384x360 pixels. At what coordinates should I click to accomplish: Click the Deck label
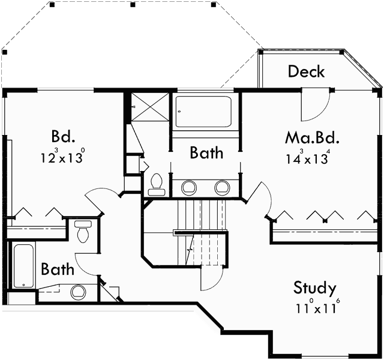pyautogui.click(x=306, y=71)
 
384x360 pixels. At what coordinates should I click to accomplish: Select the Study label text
pyautogui.click(x=314, y=288)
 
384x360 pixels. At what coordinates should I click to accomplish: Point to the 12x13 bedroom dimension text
pyautogui.click(x=62, y=158)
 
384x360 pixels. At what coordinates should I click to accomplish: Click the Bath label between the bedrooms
pyautogui.click(x=206, y=153)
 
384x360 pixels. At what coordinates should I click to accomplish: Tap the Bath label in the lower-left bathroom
pyautogui.click(x=58, y=269)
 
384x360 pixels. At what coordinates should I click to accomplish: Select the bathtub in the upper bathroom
pyautogui.click(x=203, y=112)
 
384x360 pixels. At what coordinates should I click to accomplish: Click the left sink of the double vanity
pyautogui.click(x=189, y=187)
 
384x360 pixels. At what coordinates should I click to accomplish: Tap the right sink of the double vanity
pyautogui.click(x=222, y=187)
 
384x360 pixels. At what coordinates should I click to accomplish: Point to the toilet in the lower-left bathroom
pyautogui.click(x=83, y=232)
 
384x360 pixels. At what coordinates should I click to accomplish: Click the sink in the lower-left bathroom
pyautogui.click(x=78, y=293)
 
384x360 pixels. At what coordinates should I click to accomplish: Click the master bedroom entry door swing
pyautogui.click(x=259, y=198)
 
